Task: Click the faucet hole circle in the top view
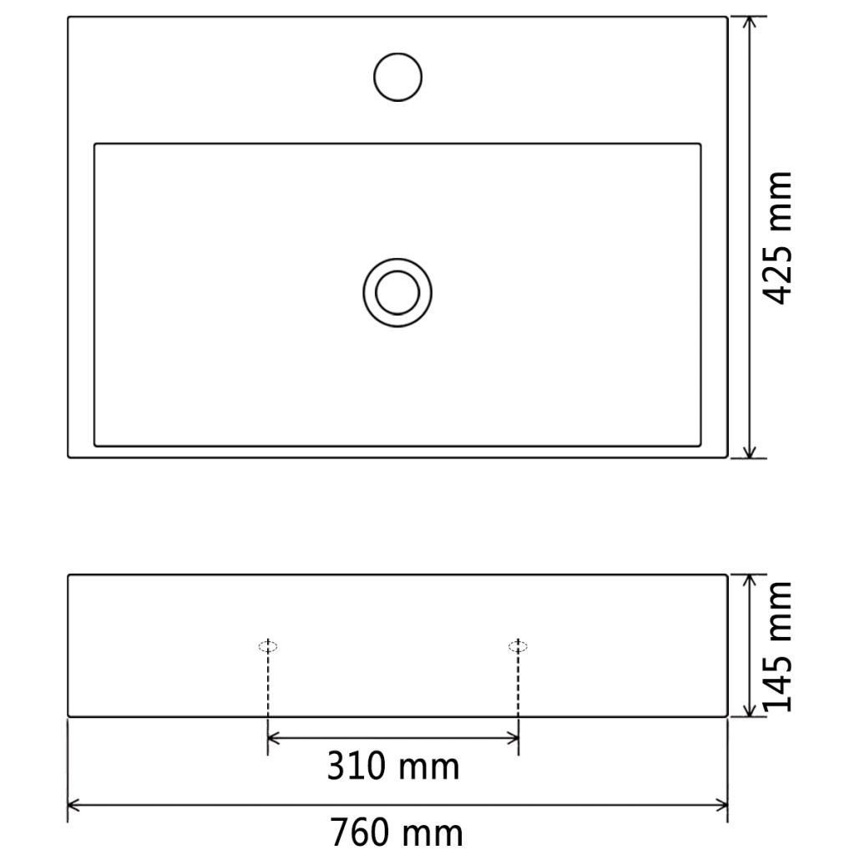pos(398,77)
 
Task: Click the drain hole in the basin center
pos(397,292)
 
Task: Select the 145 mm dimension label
pos(778,646)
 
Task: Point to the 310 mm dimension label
pos(392,766)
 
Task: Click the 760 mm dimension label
pos(396,832)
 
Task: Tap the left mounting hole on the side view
pos(267,645)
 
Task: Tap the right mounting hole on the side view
pos(519,645)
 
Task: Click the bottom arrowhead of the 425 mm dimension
pos(751,453)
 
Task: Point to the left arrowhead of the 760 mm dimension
pos(73,806)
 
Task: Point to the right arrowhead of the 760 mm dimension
pos(723,806)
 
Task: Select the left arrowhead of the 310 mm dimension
pos(272,738)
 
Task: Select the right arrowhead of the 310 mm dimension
pos(514,738)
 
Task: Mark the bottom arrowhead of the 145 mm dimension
pos(751,711)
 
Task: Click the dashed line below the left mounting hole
pos(267,685)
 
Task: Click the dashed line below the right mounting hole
pos(519,685)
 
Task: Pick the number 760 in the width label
pos(360,832)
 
